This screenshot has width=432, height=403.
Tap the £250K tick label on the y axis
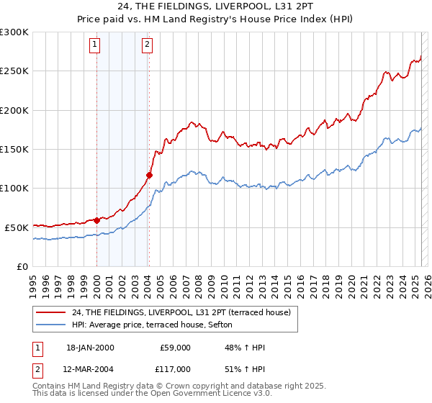click(x=14, y=71)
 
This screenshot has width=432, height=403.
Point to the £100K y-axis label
click(x=14, y=188)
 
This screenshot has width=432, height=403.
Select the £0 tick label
click(x=22, y=266)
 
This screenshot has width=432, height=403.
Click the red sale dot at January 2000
click(x=96, y=220)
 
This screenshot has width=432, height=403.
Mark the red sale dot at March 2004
click(x=149, y=175)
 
